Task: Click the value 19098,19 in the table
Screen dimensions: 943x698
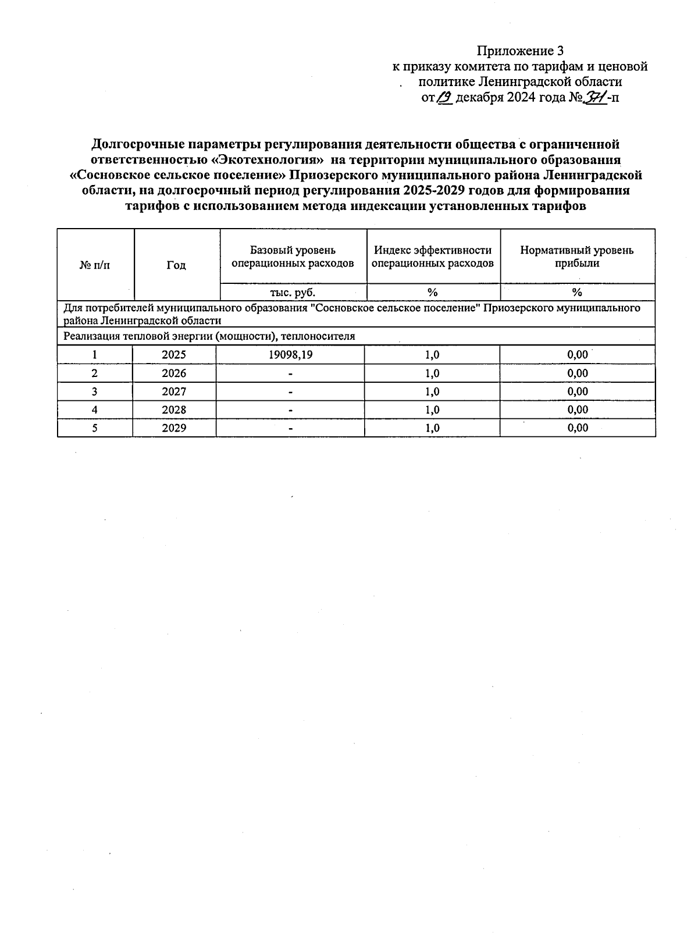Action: tap(290, 355)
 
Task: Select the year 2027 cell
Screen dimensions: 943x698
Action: tap(174, 392)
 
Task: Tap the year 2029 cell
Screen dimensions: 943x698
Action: tap(174, 428)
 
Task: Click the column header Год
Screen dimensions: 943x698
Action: tap(176, 265)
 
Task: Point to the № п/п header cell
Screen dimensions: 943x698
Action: tap(95, 265)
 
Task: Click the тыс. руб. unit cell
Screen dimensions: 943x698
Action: tap(293, 293)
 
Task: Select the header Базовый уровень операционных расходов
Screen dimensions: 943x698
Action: tap(293, 257)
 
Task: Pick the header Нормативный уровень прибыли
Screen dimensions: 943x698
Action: tap(576, 257)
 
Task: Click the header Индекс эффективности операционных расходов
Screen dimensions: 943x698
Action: tap(433, 257)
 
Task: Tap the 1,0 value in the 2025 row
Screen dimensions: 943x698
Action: tap(432, 355)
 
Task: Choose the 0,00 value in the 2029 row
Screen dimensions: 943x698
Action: tap(578, 428)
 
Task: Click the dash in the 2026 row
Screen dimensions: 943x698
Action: tap(290, 373)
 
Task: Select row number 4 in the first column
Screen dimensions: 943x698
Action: tap(94, 410)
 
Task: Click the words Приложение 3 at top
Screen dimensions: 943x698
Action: tap(520, 51)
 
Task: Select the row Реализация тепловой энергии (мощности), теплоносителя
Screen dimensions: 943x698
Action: tap(209, 336)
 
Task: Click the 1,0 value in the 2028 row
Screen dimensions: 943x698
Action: tap(432, 410)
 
